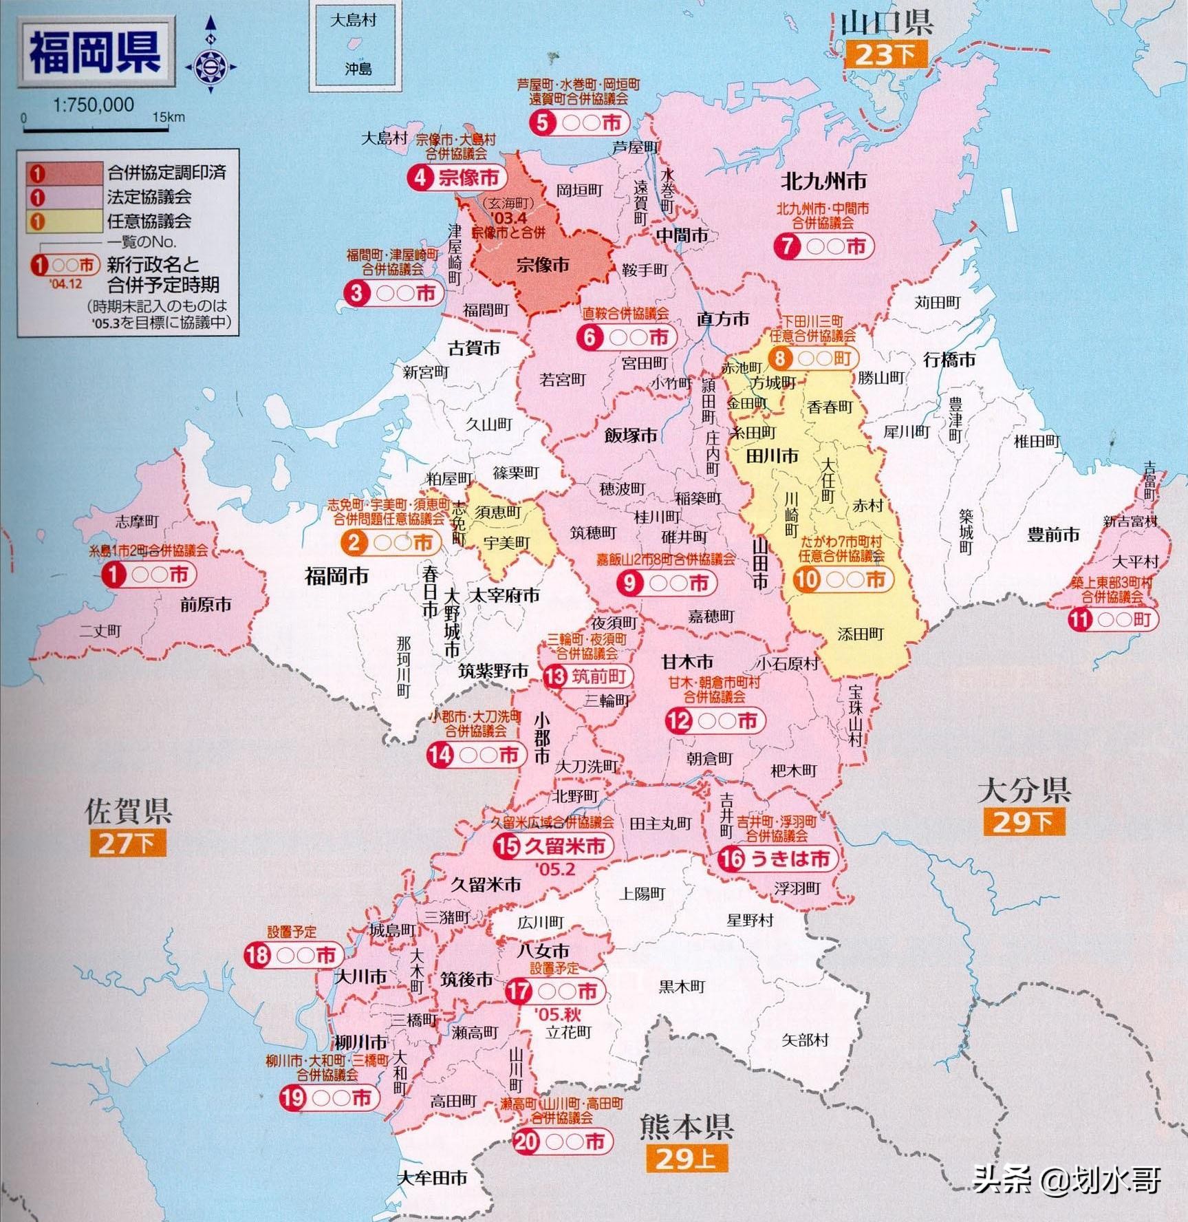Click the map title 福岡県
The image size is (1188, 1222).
[95, 53]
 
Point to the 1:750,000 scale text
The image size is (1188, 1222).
[93, 105]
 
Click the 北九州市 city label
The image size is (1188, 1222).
[823, 181]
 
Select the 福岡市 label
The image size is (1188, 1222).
[336, 576]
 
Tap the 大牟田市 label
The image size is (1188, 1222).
[432, 1177]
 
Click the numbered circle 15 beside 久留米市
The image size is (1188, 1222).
[507, 846]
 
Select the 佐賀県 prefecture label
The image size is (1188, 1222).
[128, 811]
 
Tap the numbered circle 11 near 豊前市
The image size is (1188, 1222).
[1080, 619]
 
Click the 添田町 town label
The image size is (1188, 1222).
[860, 634]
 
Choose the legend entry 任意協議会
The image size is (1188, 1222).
[149, 221]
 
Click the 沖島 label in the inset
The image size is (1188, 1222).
[358, 69]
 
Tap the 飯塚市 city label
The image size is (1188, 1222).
[630, 435]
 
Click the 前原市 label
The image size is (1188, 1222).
[206, 605]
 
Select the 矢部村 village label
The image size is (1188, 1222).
[805, 1040]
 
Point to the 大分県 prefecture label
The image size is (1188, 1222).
[1024, 791]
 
